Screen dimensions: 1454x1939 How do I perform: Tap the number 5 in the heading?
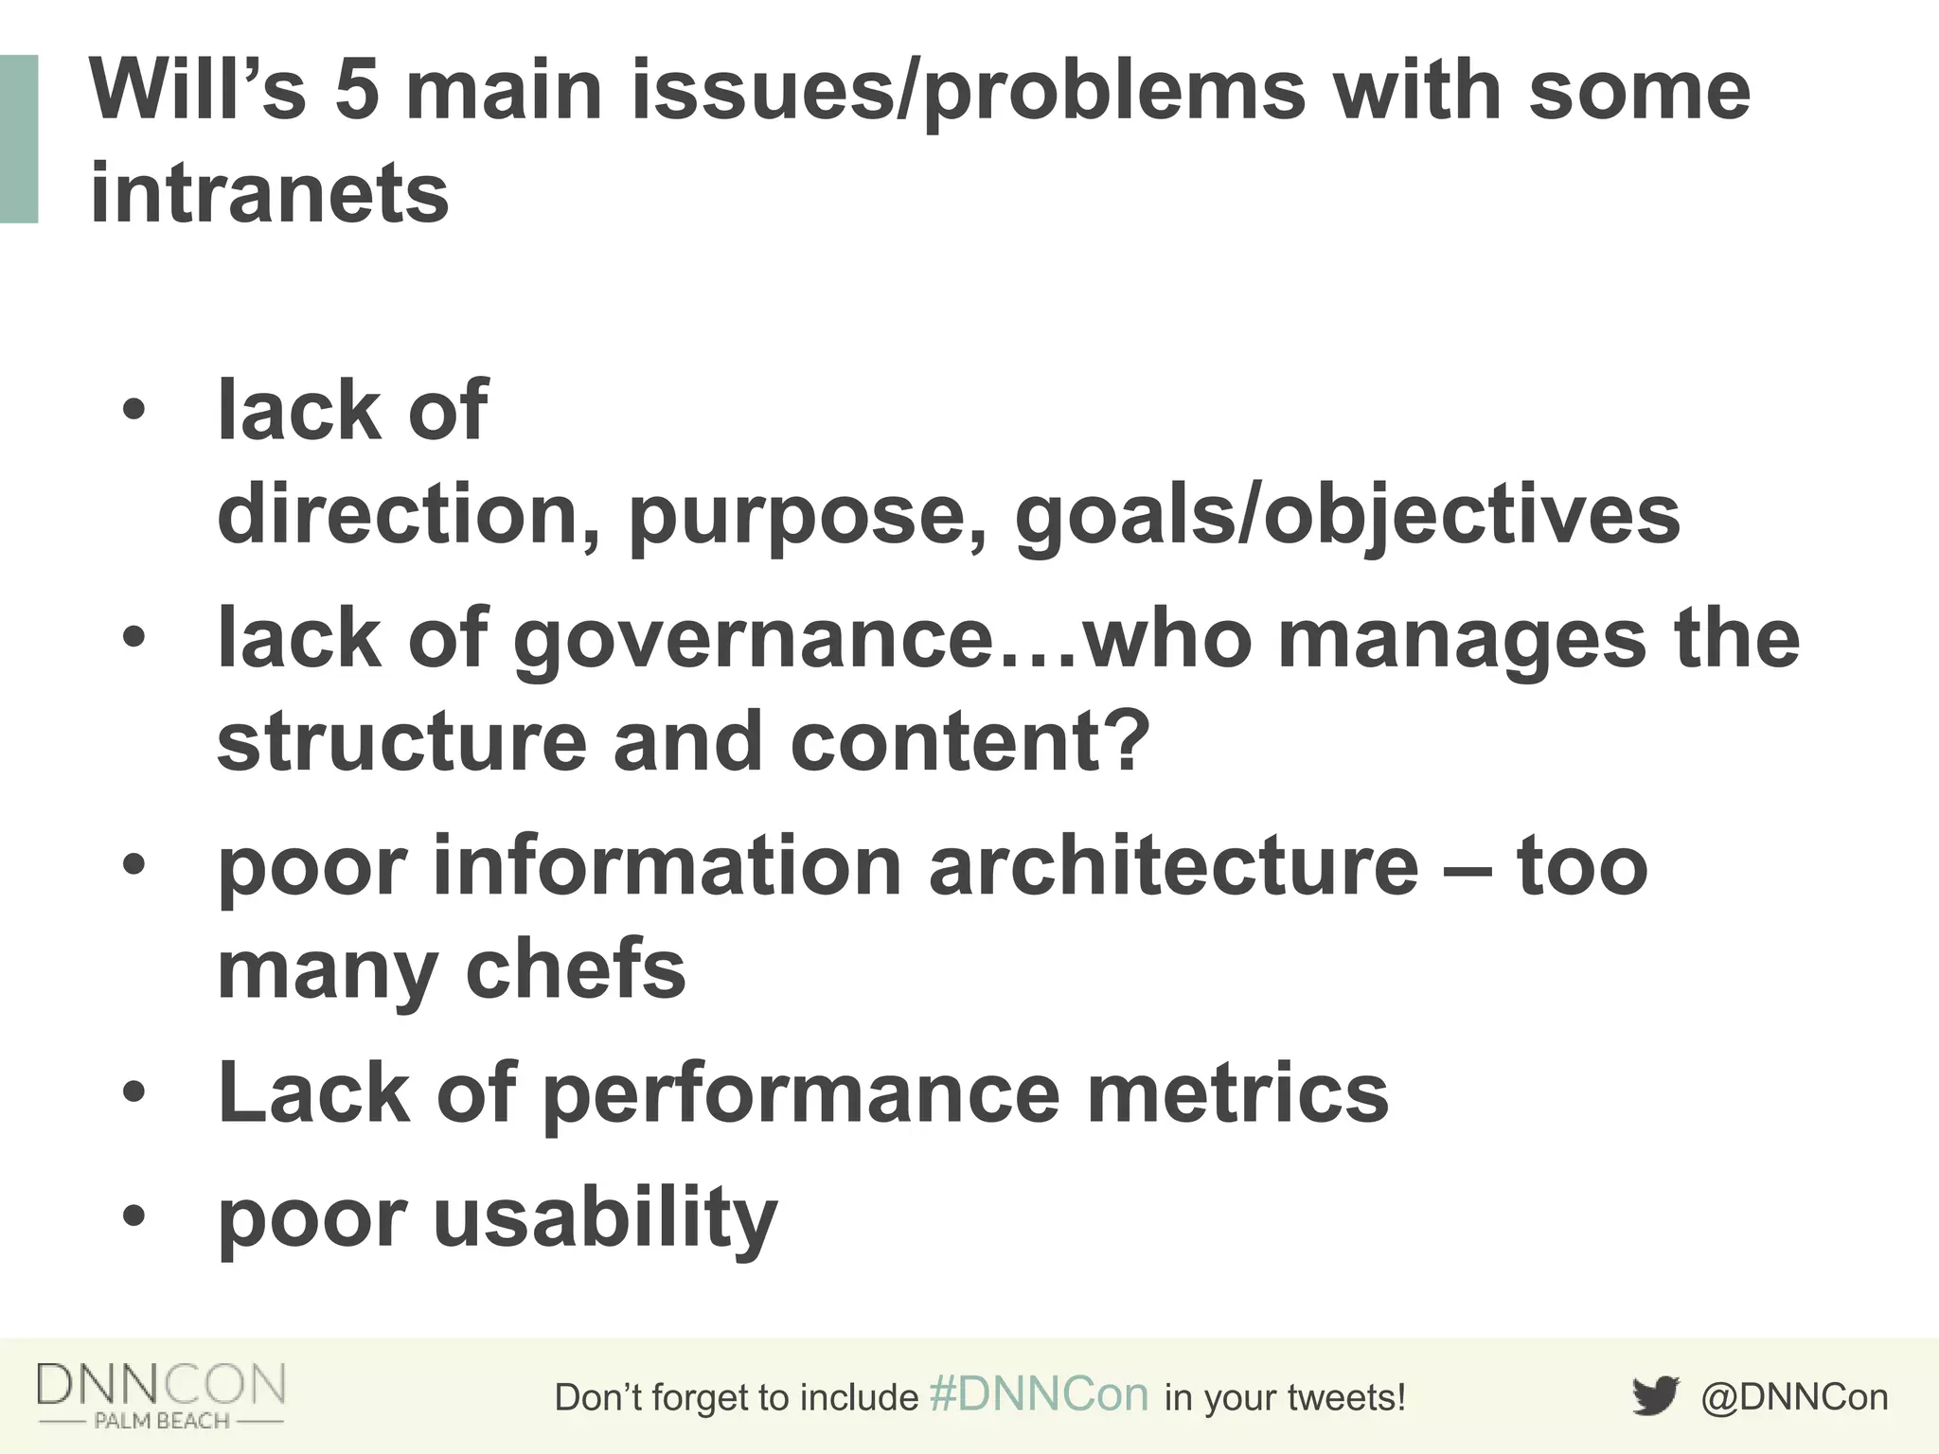[357, 91]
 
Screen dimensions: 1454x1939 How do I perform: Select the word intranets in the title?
[269, 193]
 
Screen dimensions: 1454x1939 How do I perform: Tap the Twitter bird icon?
[1655, 1396]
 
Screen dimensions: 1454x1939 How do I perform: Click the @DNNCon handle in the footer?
[1794, 1397]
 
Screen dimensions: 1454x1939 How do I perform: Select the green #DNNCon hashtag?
[1039, 1394]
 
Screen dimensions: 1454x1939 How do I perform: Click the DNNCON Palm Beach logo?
[161, 1394]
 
